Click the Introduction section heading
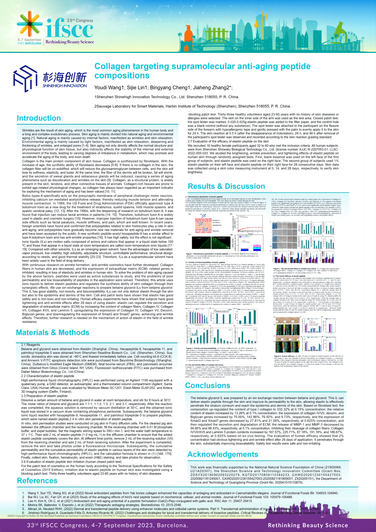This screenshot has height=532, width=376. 39,118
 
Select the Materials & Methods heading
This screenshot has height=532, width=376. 53,332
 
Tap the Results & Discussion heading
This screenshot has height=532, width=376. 226,186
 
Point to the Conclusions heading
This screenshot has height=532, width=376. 207,385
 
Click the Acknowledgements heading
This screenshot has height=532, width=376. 223,454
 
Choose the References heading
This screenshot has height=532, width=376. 37,481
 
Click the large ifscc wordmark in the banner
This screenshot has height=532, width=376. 69,29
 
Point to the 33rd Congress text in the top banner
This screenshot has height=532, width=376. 80,21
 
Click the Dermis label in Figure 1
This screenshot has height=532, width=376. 216,231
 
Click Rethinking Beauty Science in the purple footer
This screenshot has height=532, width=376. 308,525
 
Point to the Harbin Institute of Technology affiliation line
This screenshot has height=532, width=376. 192,106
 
